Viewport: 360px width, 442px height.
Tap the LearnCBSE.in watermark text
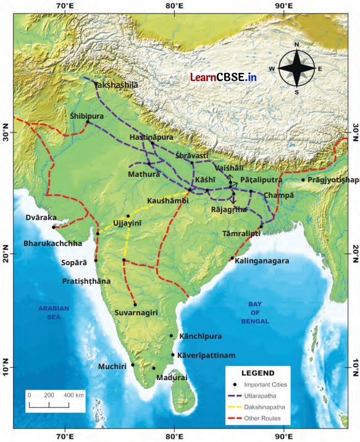[223, 77]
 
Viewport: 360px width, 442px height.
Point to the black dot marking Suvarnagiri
[135, 304]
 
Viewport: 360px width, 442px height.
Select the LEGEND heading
[258, 373]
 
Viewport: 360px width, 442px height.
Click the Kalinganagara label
[262, 261]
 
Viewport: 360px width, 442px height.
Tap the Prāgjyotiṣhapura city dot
[303, 180]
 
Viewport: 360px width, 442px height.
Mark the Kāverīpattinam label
[206, 356]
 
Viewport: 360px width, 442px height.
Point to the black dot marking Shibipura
[87, 122]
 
